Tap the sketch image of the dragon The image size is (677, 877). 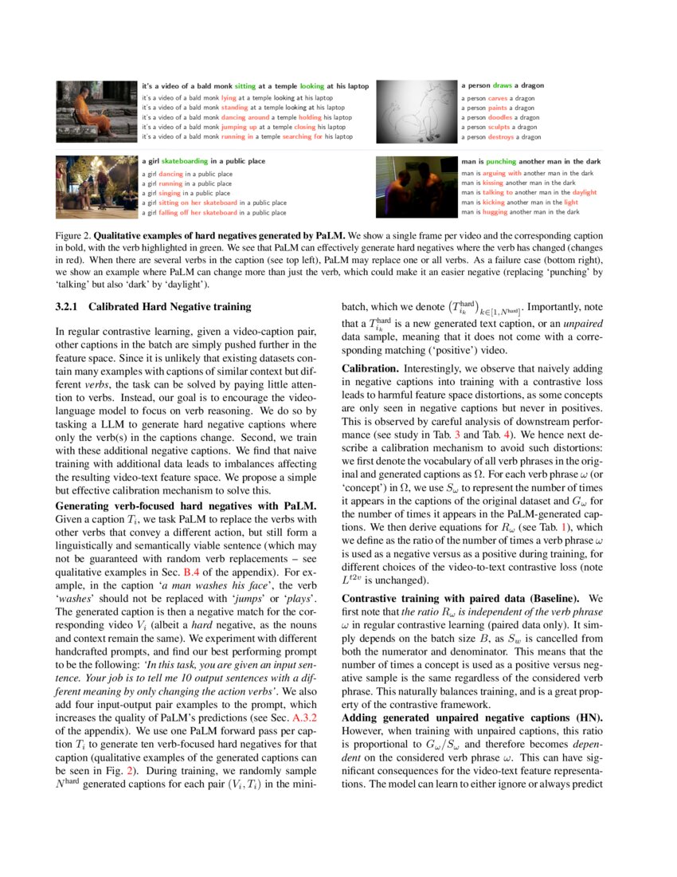[x=416, y=111]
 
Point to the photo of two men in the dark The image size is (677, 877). [x=416, y=187]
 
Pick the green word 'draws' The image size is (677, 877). [x=502, y=85]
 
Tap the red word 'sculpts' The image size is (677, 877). [x=499, y=127]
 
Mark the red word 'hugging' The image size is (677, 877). [x=495, y=212]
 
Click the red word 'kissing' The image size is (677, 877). [x=495, y=183]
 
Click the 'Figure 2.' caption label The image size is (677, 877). [x=73, y=237]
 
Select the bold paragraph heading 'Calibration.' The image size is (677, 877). [x=370, y=369]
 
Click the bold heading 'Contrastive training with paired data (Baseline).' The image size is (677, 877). [x=469, y=597]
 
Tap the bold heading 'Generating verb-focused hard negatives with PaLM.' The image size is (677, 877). [x=186, y=505]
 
